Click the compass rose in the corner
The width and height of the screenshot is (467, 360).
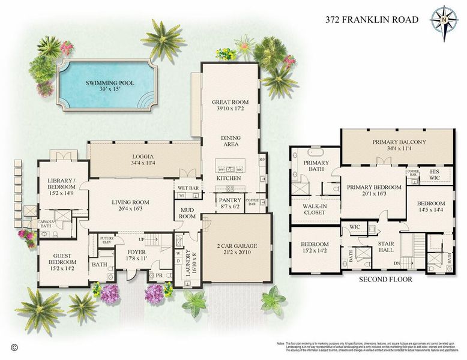(444, 19)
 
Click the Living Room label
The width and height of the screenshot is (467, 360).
(130, 202)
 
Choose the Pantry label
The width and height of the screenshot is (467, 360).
(230, 200)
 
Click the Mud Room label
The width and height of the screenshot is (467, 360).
(188, 212)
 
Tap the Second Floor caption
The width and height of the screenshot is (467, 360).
(376, 280)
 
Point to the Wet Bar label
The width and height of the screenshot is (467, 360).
(188, 188)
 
